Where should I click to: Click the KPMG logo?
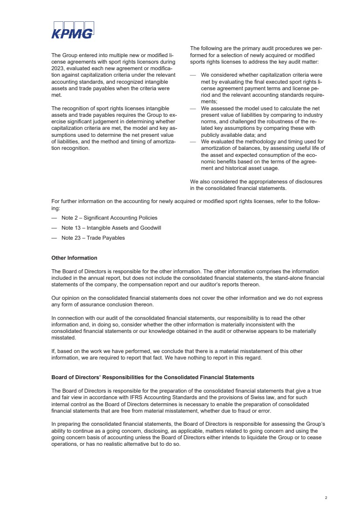pos(73,31)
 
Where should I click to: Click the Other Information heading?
pos(74,258)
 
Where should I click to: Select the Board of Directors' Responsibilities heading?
pos(153,377)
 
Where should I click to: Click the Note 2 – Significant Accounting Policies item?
pos(109,218)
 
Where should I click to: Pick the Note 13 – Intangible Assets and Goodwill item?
pos(111,228)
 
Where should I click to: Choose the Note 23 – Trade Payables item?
pos(93,238)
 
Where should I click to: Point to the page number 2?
pos(326,497)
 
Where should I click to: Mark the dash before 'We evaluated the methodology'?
pos(193,142)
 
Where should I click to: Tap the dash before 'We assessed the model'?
pos(193,108)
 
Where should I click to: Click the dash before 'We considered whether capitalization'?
pos(193,75)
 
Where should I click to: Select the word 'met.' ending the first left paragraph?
pos(57,95)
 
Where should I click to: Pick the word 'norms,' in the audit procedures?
pos(210,122)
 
